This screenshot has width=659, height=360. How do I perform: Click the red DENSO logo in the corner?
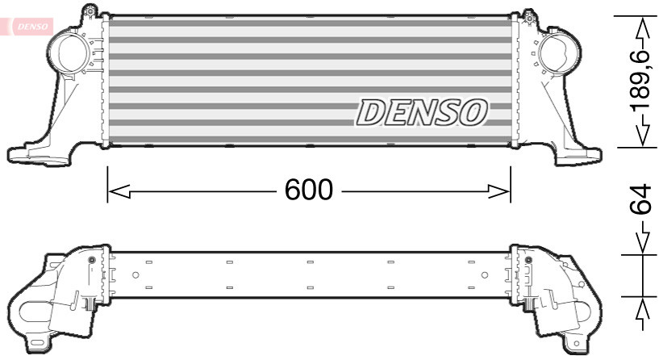tap(31, 25)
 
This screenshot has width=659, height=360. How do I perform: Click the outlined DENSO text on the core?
tap(422, 112)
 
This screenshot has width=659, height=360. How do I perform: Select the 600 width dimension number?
tap(309, 190)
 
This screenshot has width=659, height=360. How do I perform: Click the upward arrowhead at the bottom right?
tap(642, 311)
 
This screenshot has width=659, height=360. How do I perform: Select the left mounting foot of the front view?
tap(28, 152)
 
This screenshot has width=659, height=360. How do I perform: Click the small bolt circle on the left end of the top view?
tap(91, 259)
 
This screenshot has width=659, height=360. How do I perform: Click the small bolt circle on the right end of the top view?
tap(528, 259)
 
